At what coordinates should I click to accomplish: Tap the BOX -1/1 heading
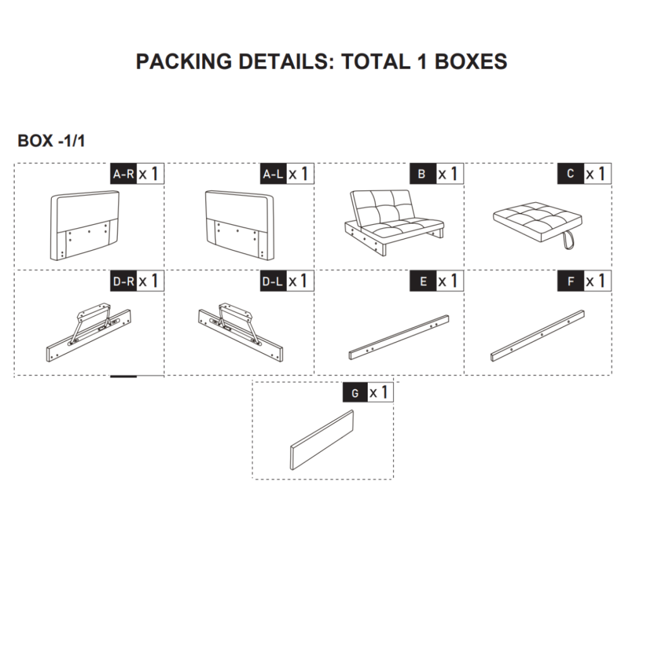(51, 141)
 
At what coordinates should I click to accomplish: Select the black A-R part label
(124, 174)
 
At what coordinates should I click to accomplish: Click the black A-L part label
(274, 174)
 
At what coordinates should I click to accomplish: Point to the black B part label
(422, 174)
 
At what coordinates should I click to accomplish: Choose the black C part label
(571, 174)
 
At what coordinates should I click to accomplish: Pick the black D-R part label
(124, 281)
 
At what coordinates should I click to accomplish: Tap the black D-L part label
(274, 281)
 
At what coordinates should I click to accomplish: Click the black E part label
(422, 281)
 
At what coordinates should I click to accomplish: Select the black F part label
(571, 281)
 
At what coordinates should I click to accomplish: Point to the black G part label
(355, 393)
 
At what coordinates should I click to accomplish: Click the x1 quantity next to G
(380, 393)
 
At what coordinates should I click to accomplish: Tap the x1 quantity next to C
(596, 174)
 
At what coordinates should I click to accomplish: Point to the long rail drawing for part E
(399, 337)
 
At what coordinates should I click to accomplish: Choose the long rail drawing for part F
(537, 336)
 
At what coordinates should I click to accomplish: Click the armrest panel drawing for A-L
(240, 226)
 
